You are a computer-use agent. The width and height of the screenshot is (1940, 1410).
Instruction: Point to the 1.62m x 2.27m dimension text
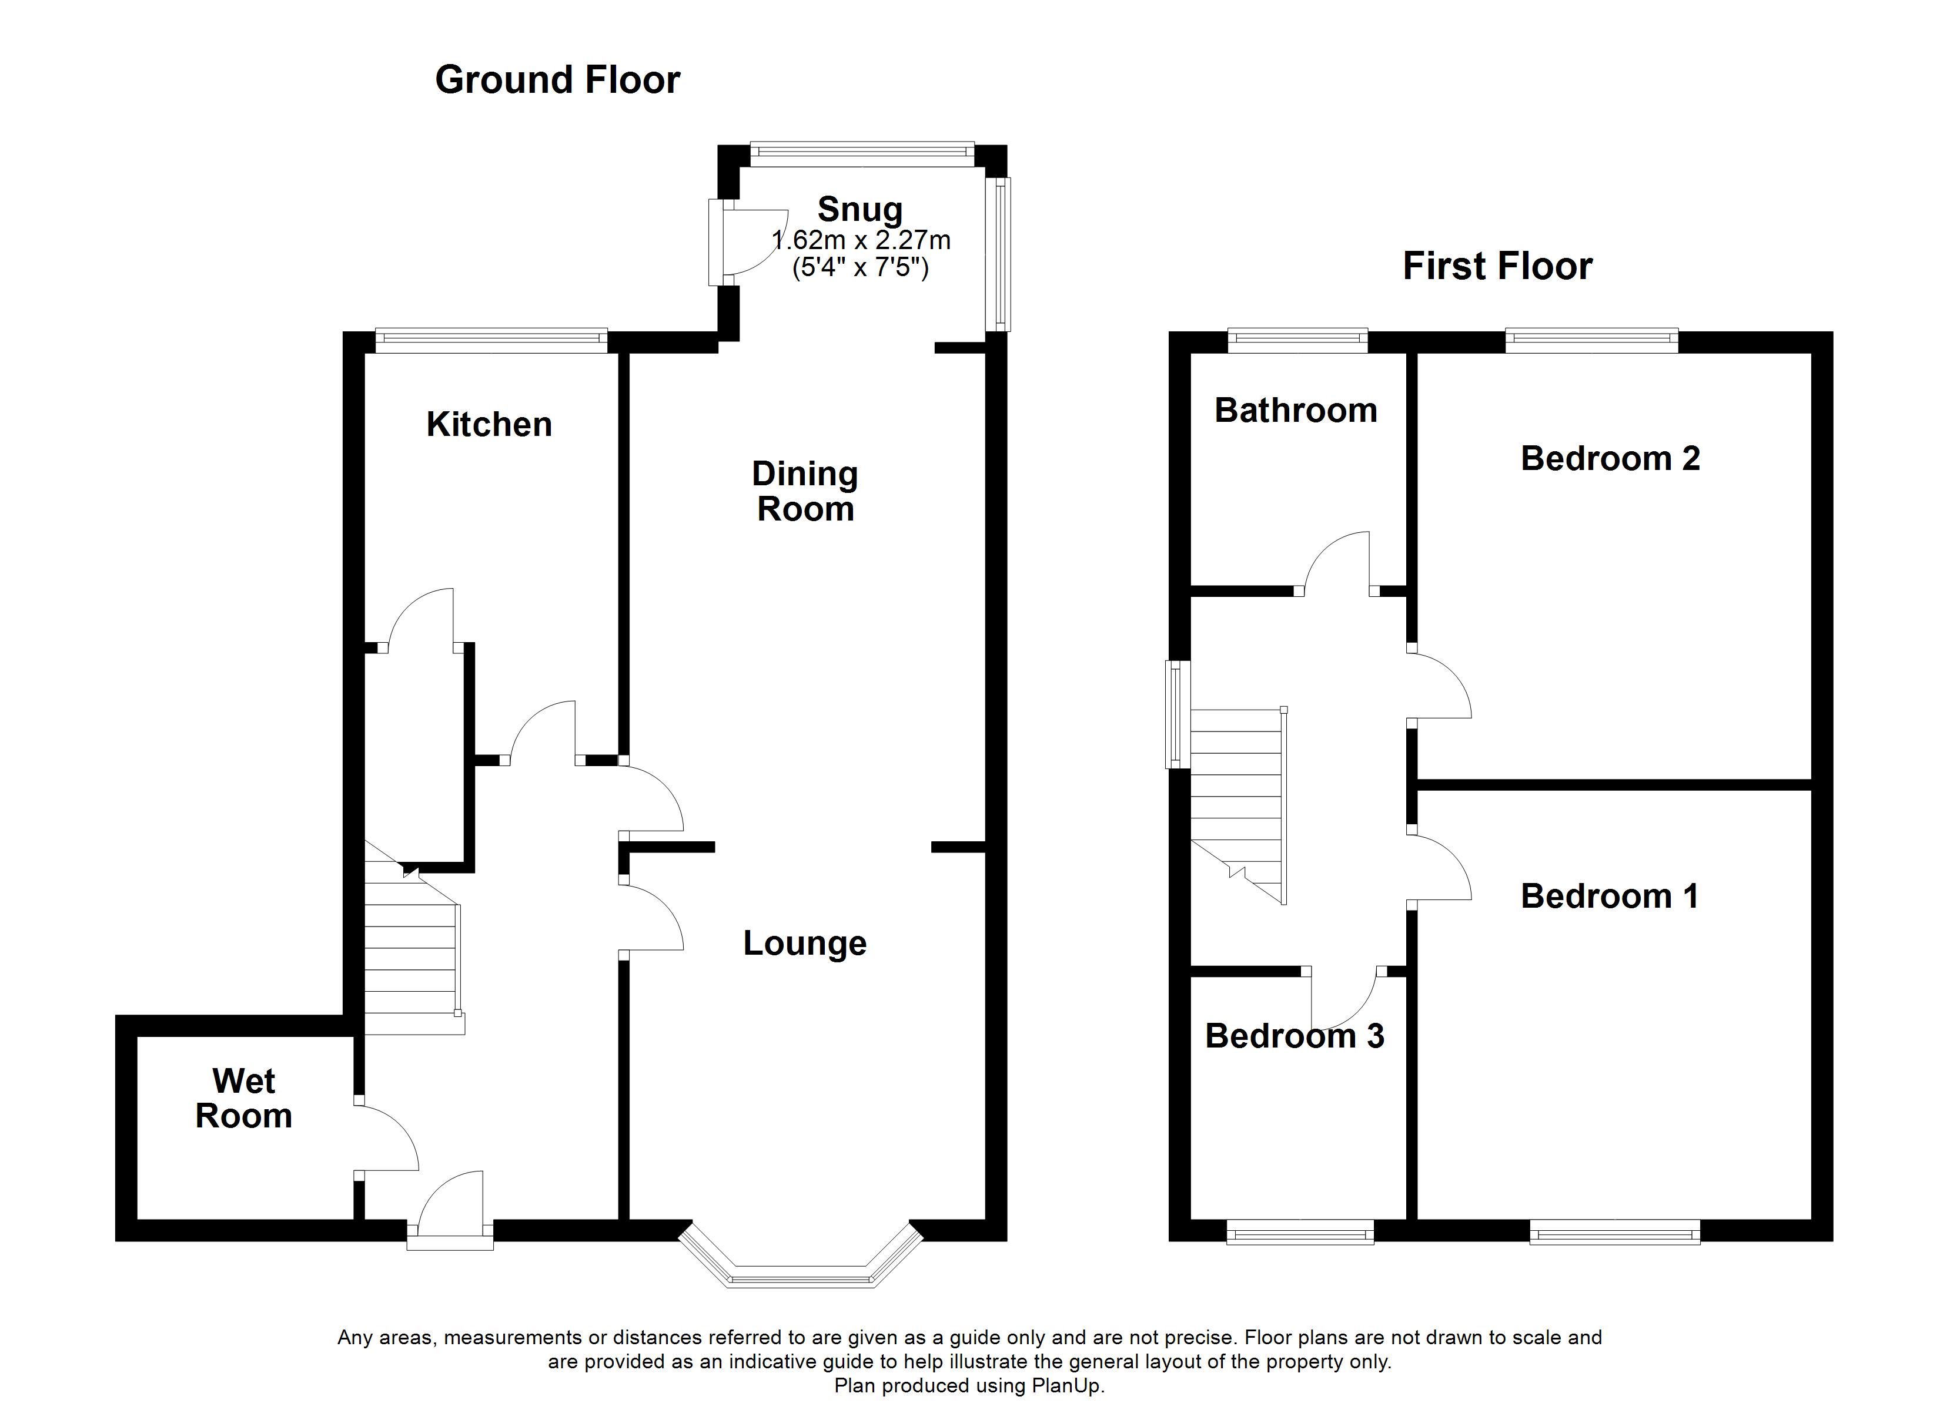(x=861, y=240)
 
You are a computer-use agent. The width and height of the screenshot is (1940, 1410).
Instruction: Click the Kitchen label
(x=489, y=424)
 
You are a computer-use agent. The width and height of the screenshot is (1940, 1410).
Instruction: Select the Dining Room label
(x=805, y=492)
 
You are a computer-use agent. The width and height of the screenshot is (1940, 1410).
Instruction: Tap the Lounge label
(x=804, y=943)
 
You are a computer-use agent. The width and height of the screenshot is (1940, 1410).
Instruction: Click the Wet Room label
(x=244, y=1099)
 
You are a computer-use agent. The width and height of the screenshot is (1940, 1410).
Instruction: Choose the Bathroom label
(x=1295, y=411)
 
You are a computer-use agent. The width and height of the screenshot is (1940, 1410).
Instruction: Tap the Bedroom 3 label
(x=1294, y=1036)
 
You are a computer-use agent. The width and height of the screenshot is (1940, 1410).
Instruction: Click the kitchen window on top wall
(x=491, y=340)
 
